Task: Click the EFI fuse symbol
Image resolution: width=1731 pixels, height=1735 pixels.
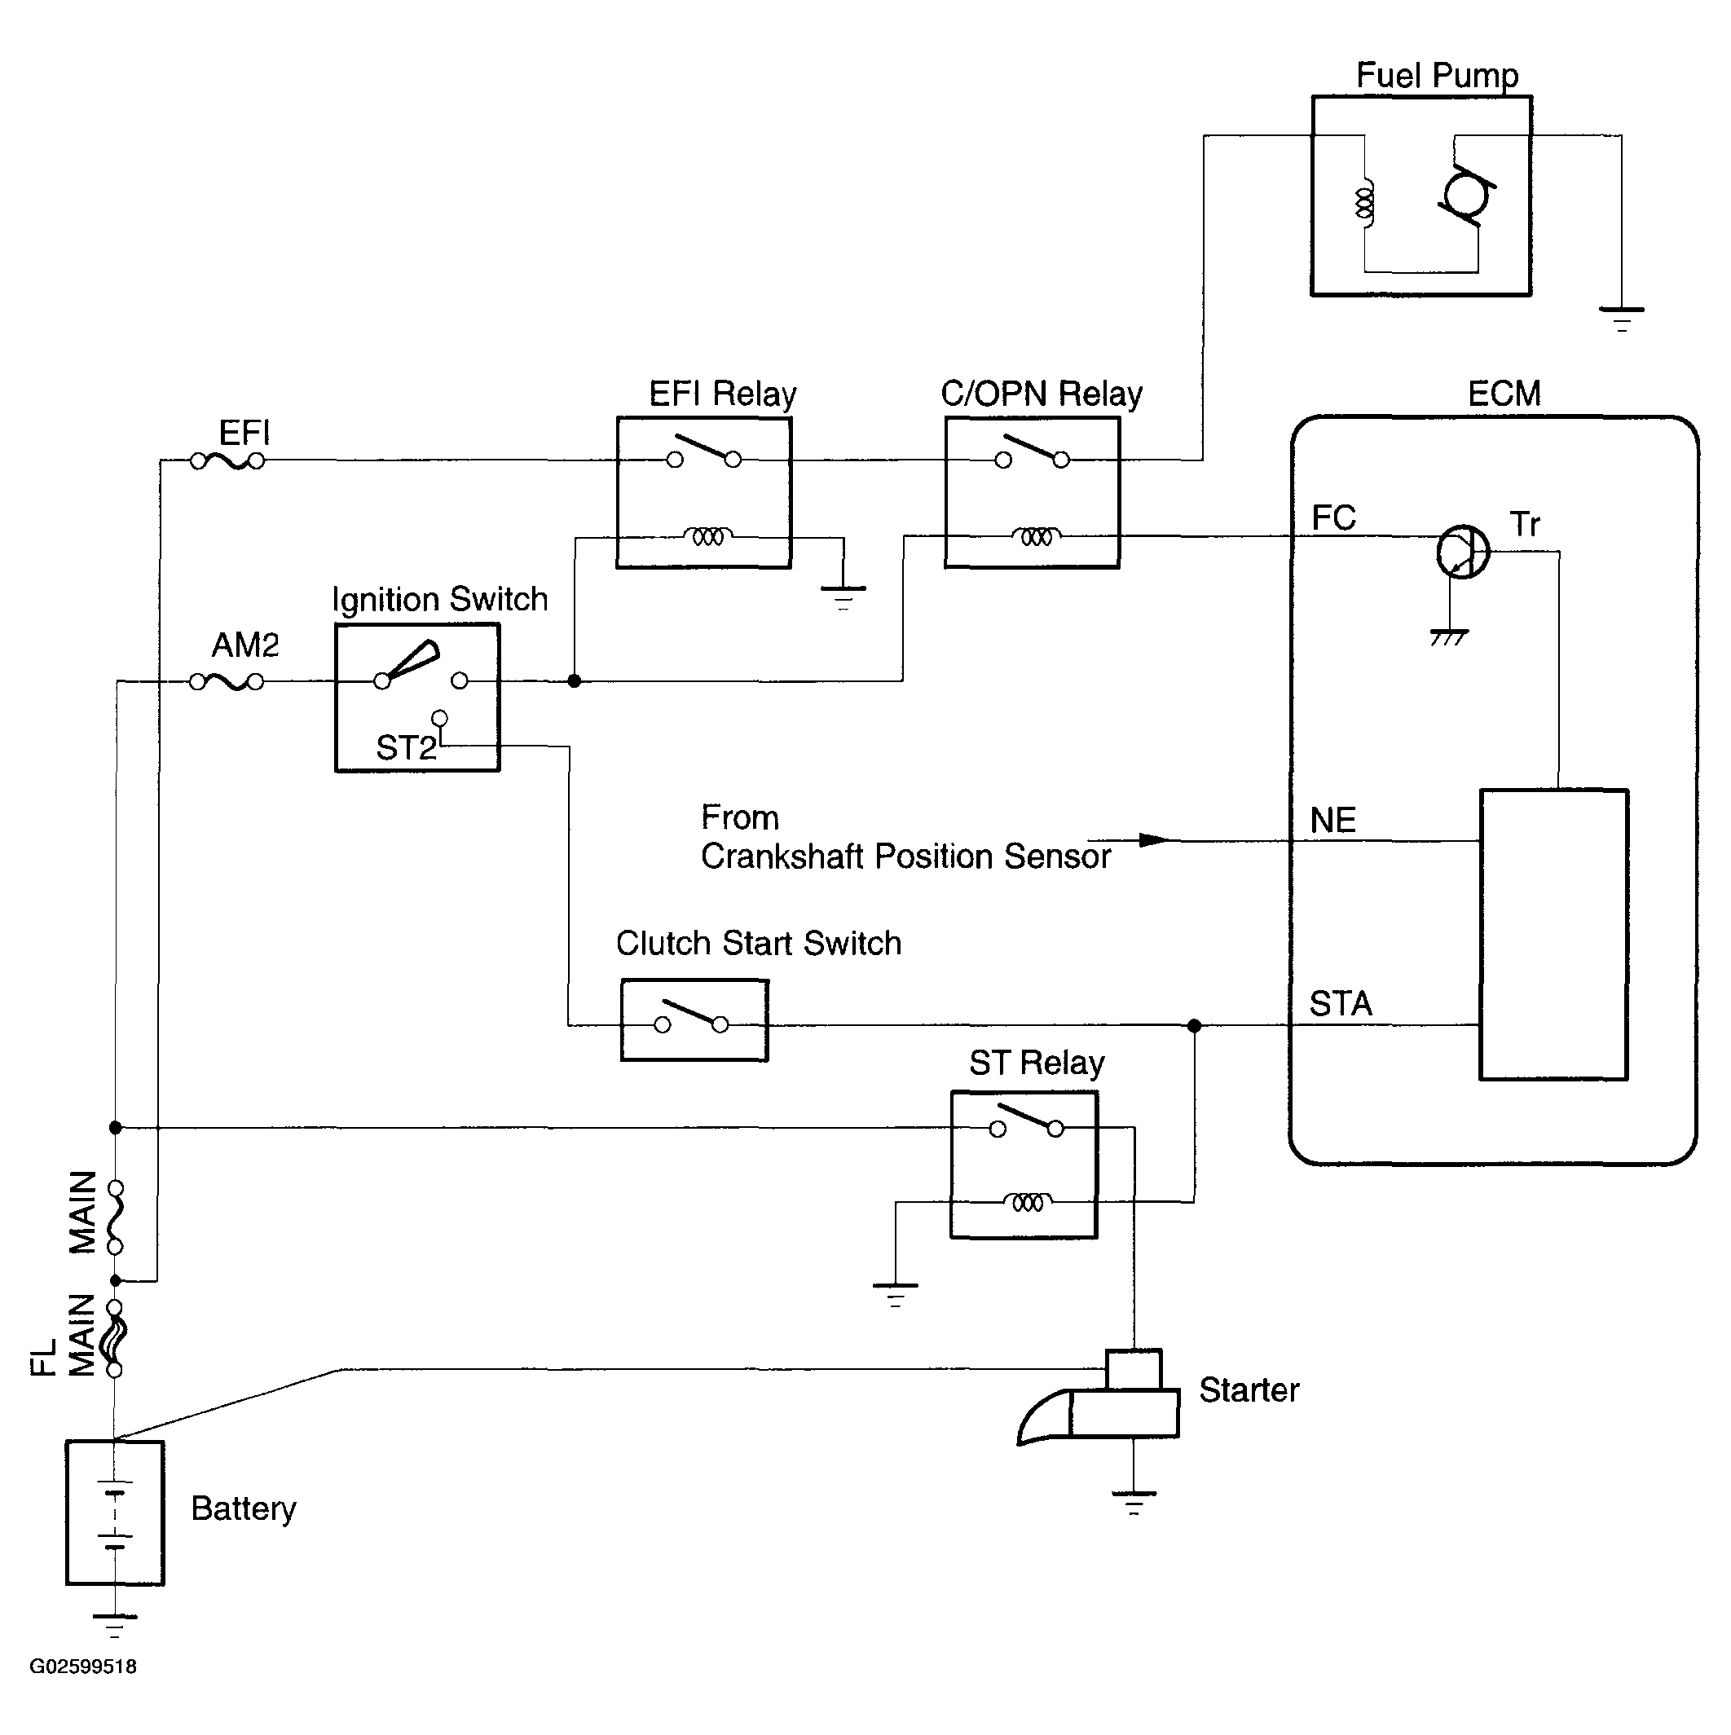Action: click(x=227, y=461)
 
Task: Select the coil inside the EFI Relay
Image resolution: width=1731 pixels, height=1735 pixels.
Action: click(x=708, y=536)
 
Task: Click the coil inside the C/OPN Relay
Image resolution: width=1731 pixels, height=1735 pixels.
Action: click(x=1036, y=536)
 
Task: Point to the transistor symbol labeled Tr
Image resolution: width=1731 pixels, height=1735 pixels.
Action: click(x=1462, y=552)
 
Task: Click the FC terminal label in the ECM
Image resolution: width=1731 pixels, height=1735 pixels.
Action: click(x=1333, y=517)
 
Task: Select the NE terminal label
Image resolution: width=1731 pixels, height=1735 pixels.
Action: click(x=1332, y=820)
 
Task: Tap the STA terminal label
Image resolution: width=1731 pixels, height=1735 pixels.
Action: click(x=1341, y=1003)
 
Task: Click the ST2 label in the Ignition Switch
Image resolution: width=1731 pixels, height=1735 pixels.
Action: click(x=406, y=747)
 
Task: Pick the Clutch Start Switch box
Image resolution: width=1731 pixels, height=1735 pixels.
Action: click(x=694, y=1020)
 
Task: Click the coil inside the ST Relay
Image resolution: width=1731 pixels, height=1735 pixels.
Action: click(x=1028, y=1201)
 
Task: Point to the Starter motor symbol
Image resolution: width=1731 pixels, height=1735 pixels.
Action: click(x=1099, y=1397)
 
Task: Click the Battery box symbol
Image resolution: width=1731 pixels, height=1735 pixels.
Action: click(x=115, y=1514)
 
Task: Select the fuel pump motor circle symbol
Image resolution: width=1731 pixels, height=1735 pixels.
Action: click(x=1466, y=194)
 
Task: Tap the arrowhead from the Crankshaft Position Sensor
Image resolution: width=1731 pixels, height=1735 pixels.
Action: click(x=1154, y=840)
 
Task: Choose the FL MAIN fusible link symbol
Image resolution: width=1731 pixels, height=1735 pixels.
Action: click(x=115, y=1338)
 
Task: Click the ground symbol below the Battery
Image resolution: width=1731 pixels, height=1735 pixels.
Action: click(x=115, y=1626)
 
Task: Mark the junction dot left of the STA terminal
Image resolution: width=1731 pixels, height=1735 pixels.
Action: click(x=1194, y=1025)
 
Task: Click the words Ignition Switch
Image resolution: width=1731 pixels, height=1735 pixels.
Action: click(x=440, y=599)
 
